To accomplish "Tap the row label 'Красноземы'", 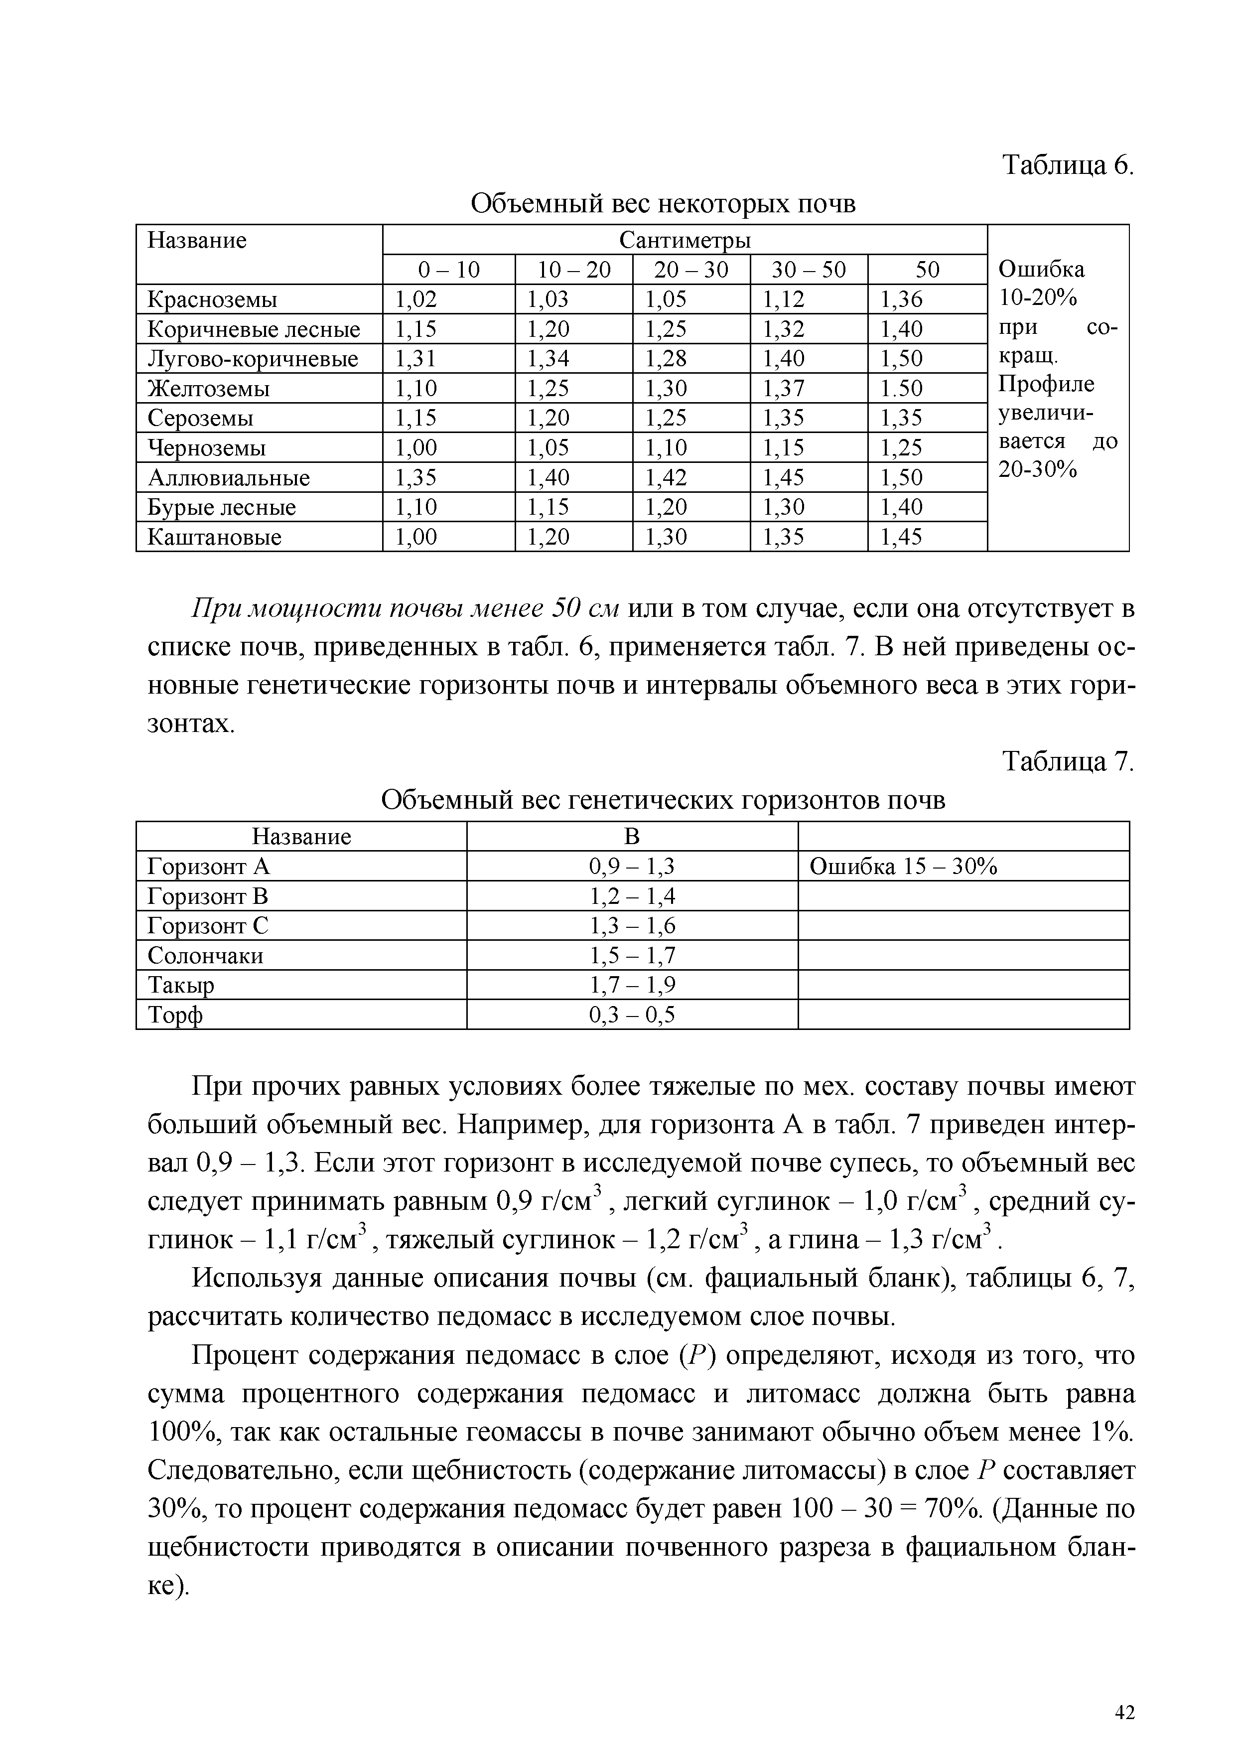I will (212, 299).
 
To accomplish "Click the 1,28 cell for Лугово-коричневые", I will (666, 359).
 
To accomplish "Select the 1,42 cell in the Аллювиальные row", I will (666, 477).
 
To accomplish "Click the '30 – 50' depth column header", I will (808, 270).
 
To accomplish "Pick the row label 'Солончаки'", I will (205, 955).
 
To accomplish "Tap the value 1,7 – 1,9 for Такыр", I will (633, 985).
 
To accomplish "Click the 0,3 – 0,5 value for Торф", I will (633, 1015).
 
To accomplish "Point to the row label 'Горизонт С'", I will (208, 926).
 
